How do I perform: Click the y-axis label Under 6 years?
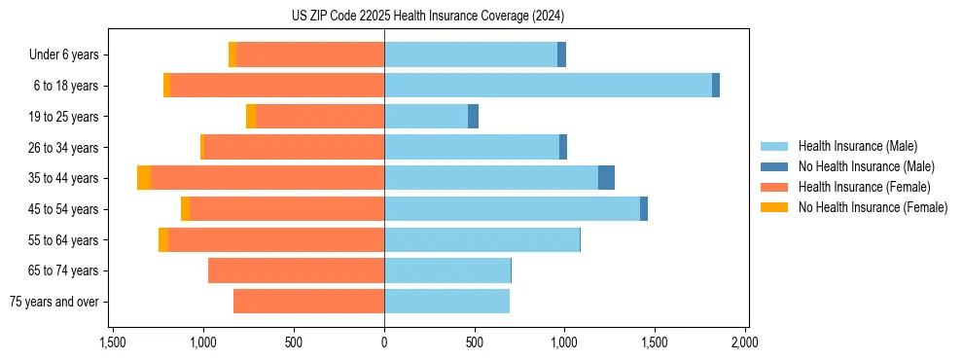64,55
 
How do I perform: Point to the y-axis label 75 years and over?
54,302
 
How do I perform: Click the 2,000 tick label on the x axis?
744,342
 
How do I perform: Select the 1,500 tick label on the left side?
113,342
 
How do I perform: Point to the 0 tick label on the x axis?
384,342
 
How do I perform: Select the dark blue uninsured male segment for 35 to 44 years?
606,178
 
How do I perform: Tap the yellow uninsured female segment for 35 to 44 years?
144,178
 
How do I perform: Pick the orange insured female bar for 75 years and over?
308,302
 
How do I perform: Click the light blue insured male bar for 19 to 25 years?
426,117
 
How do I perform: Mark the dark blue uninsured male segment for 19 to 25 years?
473,117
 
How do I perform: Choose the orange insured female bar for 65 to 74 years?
296,270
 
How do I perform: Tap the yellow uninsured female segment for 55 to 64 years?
163,240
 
